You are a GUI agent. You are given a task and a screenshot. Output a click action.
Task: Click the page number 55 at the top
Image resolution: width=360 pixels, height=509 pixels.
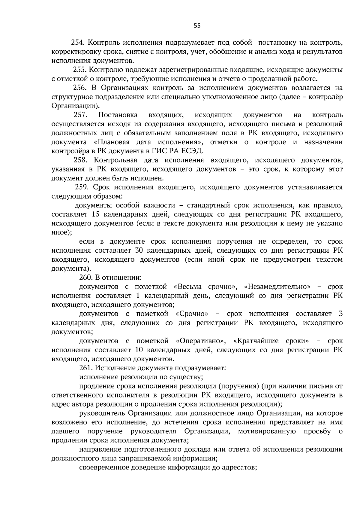tap(197, 26)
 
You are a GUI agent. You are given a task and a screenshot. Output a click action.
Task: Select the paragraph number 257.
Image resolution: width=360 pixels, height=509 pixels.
tap(80, 115)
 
